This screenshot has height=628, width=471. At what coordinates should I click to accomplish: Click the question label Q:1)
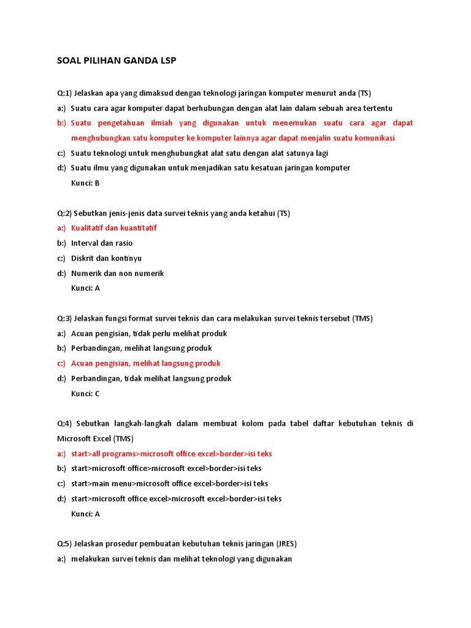pos(64,93)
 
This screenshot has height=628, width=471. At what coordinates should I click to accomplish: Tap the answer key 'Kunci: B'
pos(85,183)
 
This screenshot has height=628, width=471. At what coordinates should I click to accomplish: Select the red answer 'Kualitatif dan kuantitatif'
pos(114,228)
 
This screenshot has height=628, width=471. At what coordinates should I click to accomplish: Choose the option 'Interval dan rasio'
pos(102,243)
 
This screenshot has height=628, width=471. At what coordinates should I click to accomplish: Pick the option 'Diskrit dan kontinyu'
pos(106,258)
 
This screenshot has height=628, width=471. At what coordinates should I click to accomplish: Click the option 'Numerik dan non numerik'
pos(117,274)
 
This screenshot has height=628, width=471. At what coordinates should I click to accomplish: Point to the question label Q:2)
pos(64,213)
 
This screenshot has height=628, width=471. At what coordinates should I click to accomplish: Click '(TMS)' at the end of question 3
pos(362,318)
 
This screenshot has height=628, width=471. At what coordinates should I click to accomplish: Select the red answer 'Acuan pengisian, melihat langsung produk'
pos(145,364)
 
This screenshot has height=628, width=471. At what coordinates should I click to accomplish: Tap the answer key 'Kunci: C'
pos(85,394)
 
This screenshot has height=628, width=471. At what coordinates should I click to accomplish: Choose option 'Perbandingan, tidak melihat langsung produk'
pos(151,378)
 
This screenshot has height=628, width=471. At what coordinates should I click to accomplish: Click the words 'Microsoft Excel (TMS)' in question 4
pos(95,438)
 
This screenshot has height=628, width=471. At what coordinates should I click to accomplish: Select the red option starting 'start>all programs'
pos(171,454)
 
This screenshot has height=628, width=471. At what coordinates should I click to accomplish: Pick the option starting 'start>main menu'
pos(169,484)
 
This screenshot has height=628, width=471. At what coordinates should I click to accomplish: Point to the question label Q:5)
pos(64,543)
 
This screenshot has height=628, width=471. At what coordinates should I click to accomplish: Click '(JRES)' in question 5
pos(286,543)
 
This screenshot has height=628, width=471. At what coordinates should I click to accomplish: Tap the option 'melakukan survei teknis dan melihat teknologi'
pos(182,559)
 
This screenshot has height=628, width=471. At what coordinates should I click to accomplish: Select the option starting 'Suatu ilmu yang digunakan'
pos(210,168)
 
